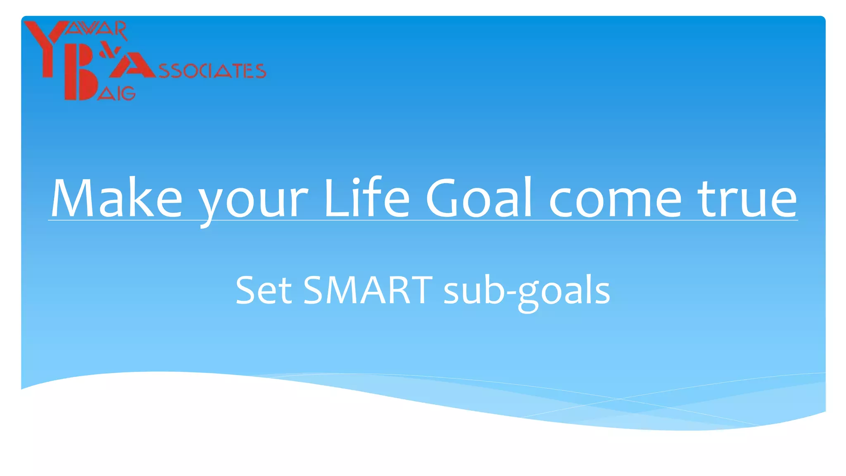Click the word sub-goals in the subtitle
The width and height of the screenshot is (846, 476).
[527, 291]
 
